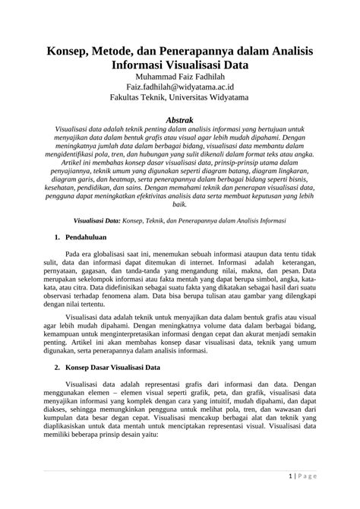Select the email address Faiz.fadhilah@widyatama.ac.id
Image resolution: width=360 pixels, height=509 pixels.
coord(180,88)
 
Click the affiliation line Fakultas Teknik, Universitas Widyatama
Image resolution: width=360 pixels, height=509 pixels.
coord(180,100)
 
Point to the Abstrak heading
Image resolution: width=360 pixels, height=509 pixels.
coord(180,120)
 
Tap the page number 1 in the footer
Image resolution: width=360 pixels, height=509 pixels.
coord(292,477)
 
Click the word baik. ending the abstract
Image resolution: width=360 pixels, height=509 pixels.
coord(180,204)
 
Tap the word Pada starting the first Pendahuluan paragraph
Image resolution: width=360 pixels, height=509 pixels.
coord(74,256)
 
